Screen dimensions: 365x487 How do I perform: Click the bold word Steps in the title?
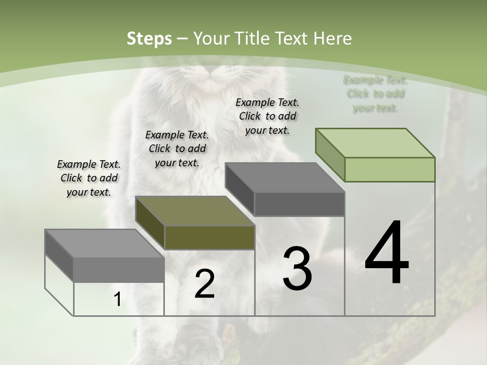point(149,39)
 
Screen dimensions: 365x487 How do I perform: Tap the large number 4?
point(387,253)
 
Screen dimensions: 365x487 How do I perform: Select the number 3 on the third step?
point(297,269)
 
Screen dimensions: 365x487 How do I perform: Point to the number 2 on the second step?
point(204,284)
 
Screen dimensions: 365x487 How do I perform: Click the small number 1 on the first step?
point(117,300)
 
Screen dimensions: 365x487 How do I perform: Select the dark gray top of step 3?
point(285,177)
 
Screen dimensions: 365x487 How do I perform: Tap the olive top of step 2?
point(195,211)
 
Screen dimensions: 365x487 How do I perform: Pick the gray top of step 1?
point(105,243)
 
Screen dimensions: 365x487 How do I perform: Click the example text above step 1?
point(89,178)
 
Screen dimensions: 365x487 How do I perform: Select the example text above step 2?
point(177,149)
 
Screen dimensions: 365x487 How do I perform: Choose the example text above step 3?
point(267,116)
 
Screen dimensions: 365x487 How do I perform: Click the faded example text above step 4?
point(375,94)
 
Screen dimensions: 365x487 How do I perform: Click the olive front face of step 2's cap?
point(210,237)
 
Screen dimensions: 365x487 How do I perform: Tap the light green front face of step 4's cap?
point(390,169)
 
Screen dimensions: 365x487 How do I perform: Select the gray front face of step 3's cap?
point(299,204)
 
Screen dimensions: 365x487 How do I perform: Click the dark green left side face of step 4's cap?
point(330,155)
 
